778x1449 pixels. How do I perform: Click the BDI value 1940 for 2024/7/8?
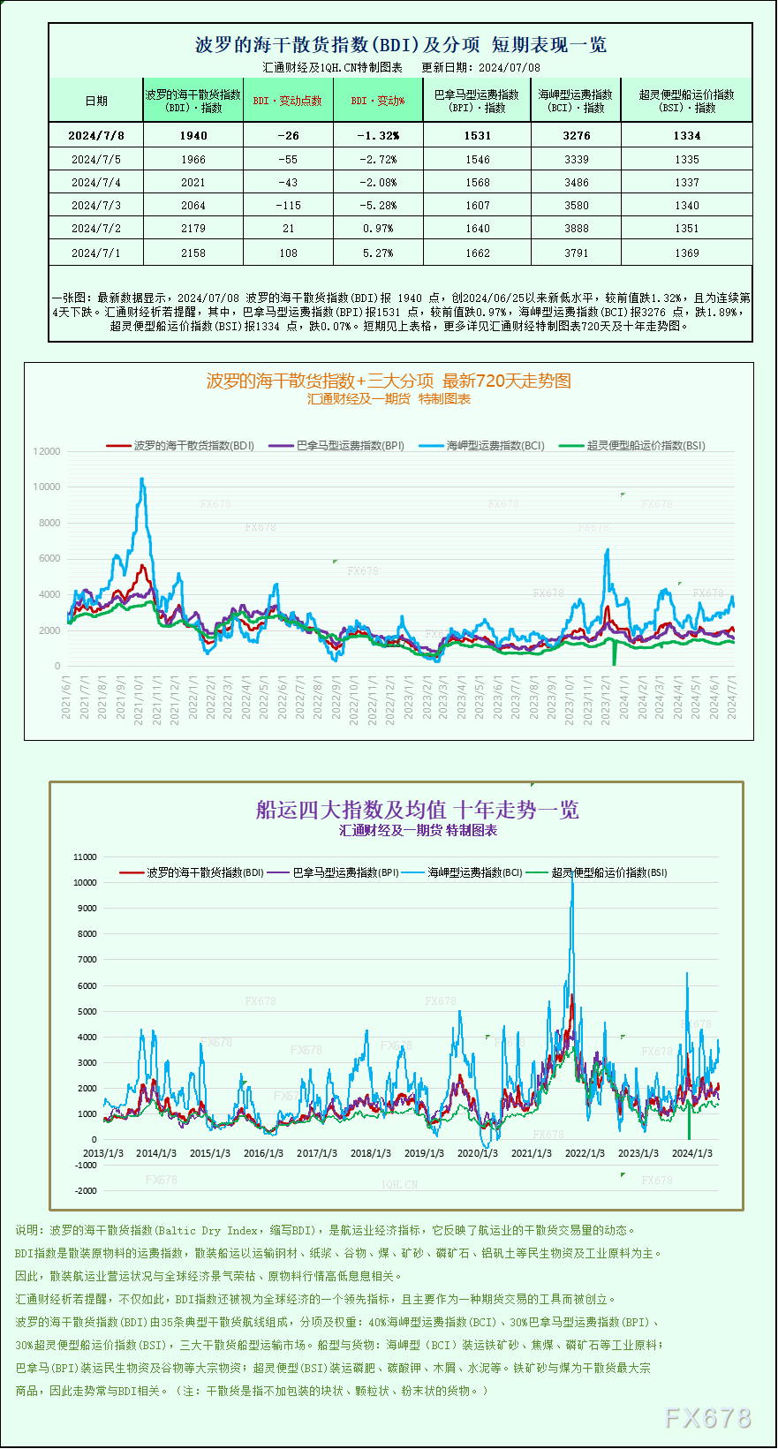point(193,135)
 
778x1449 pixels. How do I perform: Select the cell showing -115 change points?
point(288,205)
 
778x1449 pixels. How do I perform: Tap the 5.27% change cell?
point(378,253)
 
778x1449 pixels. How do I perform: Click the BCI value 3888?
point(576,228)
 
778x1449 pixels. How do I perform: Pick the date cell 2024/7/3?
point(95,205)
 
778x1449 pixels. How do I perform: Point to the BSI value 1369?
point(686,253)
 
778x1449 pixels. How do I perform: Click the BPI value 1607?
point(477,205)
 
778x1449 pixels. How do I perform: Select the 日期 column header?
point(95,101)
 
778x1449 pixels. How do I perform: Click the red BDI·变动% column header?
point(378,101)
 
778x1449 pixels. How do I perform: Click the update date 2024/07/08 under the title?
point(510,67)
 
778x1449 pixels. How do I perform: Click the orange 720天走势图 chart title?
point(389,381)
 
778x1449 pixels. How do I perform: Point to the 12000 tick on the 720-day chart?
point(47,451)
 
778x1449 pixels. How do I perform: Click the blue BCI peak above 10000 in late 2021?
point(141,479)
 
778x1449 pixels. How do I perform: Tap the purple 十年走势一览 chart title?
point(417,810)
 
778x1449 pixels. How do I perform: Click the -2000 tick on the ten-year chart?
point(86,1190)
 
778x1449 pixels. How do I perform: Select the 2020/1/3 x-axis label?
point(477,1153)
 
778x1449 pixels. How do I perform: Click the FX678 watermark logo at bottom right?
point(707,1418)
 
